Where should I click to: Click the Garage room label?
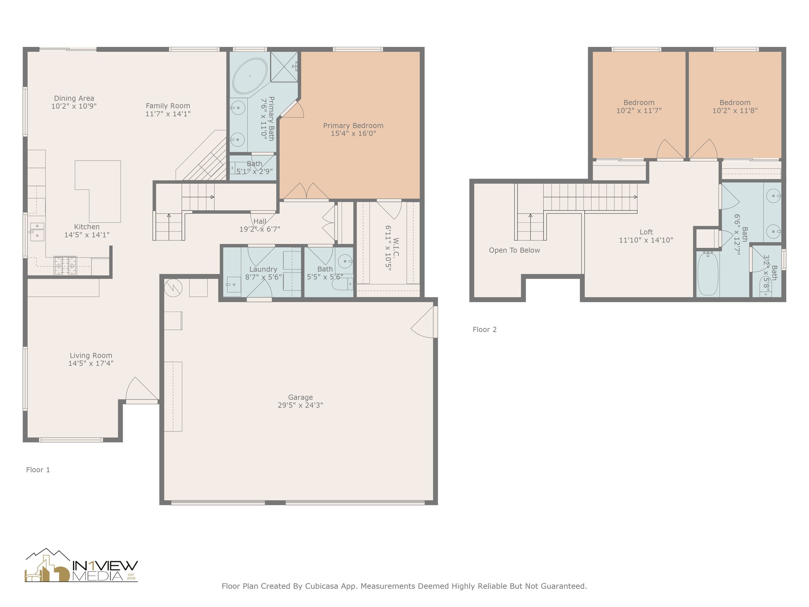(x=300, y=397)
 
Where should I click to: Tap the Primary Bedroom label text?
(x=353, y=126)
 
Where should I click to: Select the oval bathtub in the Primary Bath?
(x=250, y=76)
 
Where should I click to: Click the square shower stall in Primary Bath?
(x=284, y=66)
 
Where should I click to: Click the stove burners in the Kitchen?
(x=65, y=266)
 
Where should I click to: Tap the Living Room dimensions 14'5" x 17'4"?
(x=91, y=363)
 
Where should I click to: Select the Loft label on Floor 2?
(x=646, y=232)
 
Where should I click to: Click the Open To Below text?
(x=514, y=250)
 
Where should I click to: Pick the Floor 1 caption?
(x=38, y=469)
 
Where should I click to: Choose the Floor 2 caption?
(x=485, y=330)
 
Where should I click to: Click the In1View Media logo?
(x=81, y=565)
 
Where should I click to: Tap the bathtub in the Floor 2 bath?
(x=707, y=273)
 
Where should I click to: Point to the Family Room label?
(x=168, y=106)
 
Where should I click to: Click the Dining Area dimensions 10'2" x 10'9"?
(x=74, y=106)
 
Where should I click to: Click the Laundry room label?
(x=263, y=269)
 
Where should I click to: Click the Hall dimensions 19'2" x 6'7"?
(x=260, y=229)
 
